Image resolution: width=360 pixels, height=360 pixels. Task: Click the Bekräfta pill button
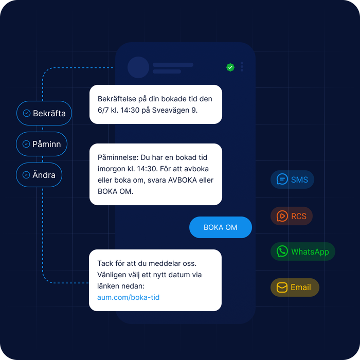(44, 113)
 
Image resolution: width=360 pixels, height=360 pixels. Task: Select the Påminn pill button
(42, 144)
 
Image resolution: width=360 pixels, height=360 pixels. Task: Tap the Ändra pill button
(39, 175)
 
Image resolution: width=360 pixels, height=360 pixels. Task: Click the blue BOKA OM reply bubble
(221, 227)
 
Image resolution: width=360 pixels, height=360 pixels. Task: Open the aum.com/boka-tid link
(129, 297)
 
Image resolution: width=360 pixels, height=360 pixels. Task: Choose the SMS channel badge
(292, 179)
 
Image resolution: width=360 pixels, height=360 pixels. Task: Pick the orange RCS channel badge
(292, 216)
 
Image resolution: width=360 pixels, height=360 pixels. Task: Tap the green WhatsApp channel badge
(303, 251)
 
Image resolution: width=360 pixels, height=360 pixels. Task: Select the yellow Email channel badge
(295, 287)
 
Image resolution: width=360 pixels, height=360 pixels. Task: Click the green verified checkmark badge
(230, 67)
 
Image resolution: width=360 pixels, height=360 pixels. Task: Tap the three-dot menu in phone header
(242, 66)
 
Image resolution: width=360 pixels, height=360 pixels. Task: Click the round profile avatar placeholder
(138, 67)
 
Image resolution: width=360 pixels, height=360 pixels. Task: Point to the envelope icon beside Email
(282, 287)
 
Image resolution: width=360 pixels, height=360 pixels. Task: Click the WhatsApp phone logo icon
(282, 251)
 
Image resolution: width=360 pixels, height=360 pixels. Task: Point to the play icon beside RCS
(282, 216)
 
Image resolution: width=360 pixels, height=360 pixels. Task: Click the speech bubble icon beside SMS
(282, 179)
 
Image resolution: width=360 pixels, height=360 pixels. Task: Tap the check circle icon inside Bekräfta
(27, 113)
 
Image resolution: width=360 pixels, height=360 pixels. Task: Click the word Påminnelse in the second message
(118, 157)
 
